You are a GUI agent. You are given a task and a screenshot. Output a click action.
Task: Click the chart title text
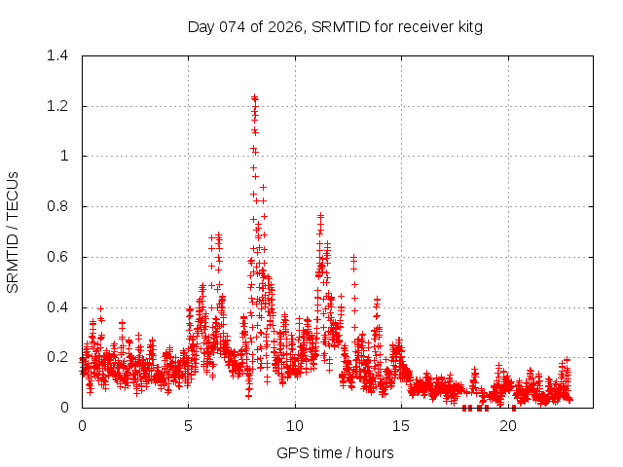pos(335,26)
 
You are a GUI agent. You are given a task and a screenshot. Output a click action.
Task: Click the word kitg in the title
pos(467,26)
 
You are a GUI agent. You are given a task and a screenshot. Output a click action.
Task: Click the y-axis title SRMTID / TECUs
pos(14,232)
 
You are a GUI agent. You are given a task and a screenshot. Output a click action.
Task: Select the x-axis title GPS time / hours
pos(335,452)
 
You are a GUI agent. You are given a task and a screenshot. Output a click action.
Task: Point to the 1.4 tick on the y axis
pos(60,55)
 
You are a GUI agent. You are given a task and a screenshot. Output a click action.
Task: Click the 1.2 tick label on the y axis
pos(60,106)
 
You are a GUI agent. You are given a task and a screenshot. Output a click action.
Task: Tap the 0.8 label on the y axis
pos(60,206)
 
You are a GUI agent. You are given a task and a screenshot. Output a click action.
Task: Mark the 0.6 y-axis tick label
pos(60,257)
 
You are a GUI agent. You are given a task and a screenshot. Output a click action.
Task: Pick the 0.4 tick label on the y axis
pos(60,307)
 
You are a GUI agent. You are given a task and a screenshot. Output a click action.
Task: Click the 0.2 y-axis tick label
pos(60,357)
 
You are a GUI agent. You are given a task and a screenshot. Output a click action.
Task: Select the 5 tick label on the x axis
pos(189,426)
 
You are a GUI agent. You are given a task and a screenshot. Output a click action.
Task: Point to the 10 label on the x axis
pos(295,426)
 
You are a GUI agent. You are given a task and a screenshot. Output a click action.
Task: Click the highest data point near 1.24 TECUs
pos(254,97)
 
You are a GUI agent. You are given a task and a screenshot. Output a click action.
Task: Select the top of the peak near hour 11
pos(320,216)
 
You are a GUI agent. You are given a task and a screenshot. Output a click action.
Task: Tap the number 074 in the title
pos(233,26)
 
